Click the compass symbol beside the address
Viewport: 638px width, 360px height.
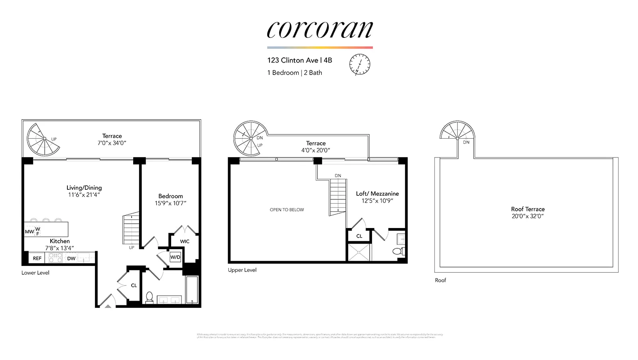click(x=360, y=65)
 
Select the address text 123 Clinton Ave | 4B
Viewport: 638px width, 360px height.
click(x=299, y=60)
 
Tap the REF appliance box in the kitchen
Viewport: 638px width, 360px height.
click(x=37, y=258)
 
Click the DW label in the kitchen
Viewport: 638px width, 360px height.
click(x=71, y=258)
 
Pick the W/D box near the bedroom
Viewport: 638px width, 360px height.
click(x=175, y=257)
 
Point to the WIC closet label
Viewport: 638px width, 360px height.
click(x=185, y=241)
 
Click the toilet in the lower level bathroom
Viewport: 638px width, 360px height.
click(x=150, y=297)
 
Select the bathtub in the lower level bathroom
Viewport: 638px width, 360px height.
click(x=192, y=290)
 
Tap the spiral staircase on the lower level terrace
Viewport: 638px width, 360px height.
click(x=43, y=139)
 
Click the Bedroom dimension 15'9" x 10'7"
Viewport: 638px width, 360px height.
click(x=171, y=203)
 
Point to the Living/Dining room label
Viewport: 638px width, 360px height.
click(x=84, y=188)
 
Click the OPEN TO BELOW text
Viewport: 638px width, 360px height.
click(x=287, y=210)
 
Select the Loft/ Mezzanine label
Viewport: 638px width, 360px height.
click(x=377, y=194)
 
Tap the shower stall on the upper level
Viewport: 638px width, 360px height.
click(x=359, y=252)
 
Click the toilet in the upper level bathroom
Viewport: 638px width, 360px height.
click(x=397, y=251)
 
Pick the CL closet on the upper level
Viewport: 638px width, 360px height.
click(x=359, y=236)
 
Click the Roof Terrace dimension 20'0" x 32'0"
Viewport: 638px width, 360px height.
click(x=528, y=216)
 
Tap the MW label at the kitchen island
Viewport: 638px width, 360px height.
click(x=30, y=232)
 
